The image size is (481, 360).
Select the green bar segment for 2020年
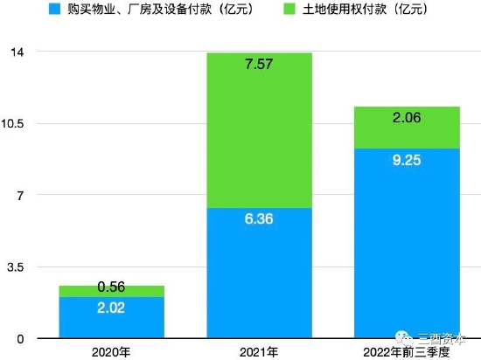(111, 291)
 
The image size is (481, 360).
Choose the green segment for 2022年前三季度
(407, 128)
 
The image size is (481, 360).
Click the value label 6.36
(259, 218)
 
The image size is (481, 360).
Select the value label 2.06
(407, 117)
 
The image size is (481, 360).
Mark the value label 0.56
(111, 287)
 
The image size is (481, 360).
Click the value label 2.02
(111, 308)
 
